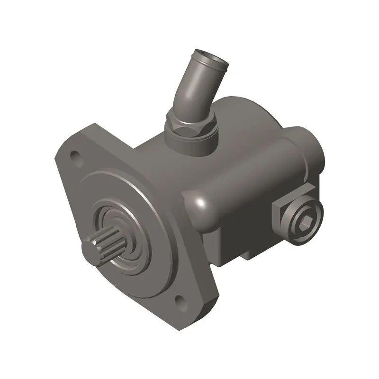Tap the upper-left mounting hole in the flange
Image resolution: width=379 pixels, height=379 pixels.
coord(74,155)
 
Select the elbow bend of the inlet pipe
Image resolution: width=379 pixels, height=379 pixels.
coord(187,95)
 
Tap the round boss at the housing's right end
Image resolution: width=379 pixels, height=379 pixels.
coord(310,152)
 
